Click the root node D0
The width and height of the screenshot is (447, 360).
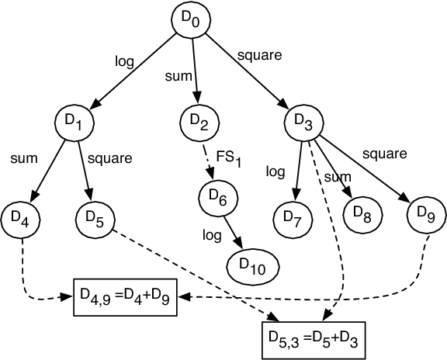(x=191, y=22)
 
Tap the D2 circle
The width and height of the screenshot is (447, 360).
(x=199, y=122)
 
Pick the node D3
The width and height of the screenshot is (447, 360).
(x=307, y=122)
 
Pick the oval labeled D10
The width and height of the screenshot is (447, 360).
(x=251, y=265)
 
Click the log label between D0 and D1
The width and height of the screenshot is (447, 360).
(x=124, y=59)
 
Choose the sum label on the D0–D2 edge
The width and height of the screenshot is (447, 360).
(x=176, y=78)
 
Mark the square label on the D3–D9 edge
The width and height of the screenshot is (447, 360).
(x=383, y=154)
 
